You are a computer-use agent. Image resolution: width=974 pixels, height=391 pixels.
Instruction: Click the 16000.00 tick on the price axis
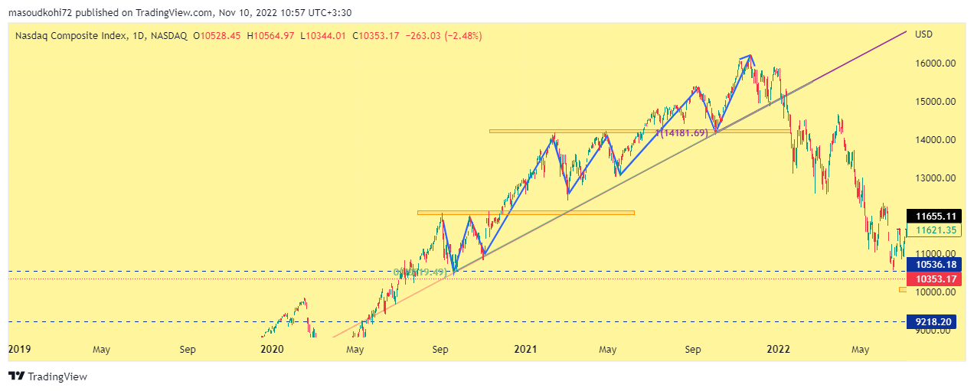click(x=934, y=64)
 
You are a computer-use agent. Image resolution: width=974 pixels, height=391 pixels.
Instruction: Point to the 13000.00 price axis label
click(x=934, y=178)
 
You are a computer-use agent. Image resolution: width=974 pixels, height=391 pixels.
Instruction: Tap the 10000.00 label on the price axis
click(x=934, y=292)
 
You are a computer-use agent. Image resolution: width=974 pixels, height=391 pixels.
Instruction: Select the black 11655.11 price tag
click(x=930, y=217)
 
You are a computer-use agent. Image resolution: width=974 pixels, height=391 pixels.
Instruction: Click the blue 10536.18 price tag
click(x=930, y=264)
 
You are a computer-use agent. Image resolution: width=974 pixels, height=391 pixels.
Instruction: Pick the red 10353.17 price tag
click(x=930, y=278)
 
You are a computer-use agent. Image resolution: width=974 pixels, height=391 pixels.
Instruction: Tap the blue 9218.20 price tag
click(x=930, y=322)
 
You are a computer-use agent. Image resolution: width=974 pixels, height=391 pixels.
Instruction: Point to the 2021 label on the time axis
click(x=525, y=350)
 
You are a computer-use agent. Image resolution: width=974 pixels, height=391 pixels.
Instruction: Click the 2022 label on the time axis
click(x=779, y=350)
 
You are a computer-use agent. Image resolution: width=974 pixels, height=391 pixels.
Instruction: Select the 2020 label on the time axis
click(x=272, y=350)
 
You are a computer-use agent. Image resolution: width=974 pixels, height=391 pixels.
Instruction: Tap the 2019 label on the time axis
click(x=19, y=350)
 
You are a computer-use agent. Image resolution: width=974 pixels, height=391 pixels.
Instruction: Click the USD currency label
click(x=924, y=34)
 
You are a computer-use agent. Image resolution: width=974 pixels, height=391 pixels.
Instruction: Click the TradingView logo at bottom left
click(x=47, y=376)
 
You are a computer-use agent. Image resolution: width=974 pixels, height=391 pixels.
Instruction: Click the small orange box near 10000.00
click(x=902, y=290)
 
